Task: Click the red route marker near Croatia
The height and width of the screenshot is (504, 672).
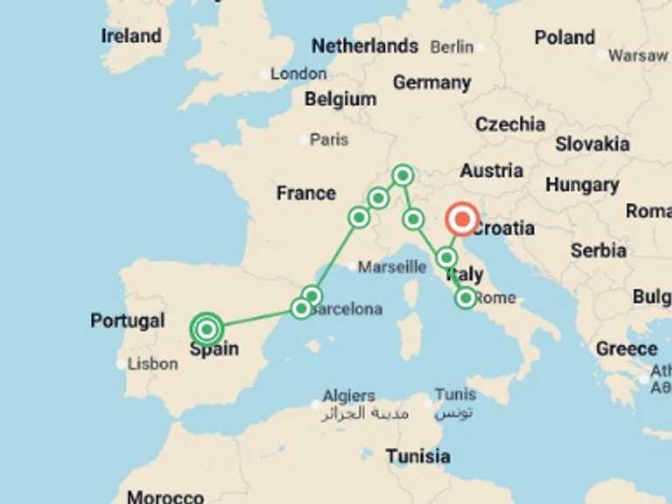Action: [x=462, y=220]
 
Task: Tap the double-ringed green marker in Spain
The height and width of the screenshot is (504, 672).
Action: [x=206, y=330]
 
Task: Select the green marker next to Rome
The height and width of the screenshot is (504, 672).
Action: [x=465, y=298]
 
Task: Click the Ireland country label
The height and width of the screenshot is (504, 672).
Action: [x=131, y=36]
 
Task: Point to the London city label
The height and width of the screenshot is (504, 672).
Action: [x=298, y=74]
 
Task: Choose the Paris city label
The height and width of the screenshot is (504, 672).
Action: [x=329, y=139]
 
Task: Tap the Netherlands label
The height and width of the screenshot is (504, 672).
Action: [x=365, y=45]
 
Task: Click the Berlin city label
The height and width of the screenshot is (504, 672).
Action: [x=451, y=46]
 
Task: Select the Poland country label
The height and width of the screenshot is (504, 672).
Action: [x=564, y=38]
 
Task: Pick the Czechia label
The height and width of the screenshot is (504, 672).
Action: [x=510, y=124]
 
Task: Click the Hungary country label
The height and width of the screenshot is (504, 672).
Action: [x=582, y=185]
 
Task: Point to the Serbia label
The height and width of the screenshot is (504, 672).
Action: [x=598, y=250]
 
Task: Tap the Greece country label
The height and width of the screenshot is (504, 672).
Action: [x=626, y=348]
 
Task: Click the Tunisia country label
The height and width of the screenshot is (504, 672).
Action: [x=418, y=456]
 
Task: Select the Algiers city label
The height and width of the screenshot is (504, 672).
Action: [x=348, y=396]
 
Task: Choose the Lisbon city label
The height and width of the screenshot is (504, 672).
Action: [x=152, y=364]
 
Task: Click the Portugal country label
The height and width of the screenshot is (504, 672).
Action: [x=128, y=321]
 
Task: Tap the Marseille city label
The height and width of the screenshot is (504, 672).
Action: [x=392, y=266]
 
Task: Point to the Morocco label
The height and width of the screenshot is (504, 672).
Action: [x=165, y=497]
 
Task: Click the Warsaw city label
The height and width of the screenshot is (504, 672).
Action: [x=638, y=55]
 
